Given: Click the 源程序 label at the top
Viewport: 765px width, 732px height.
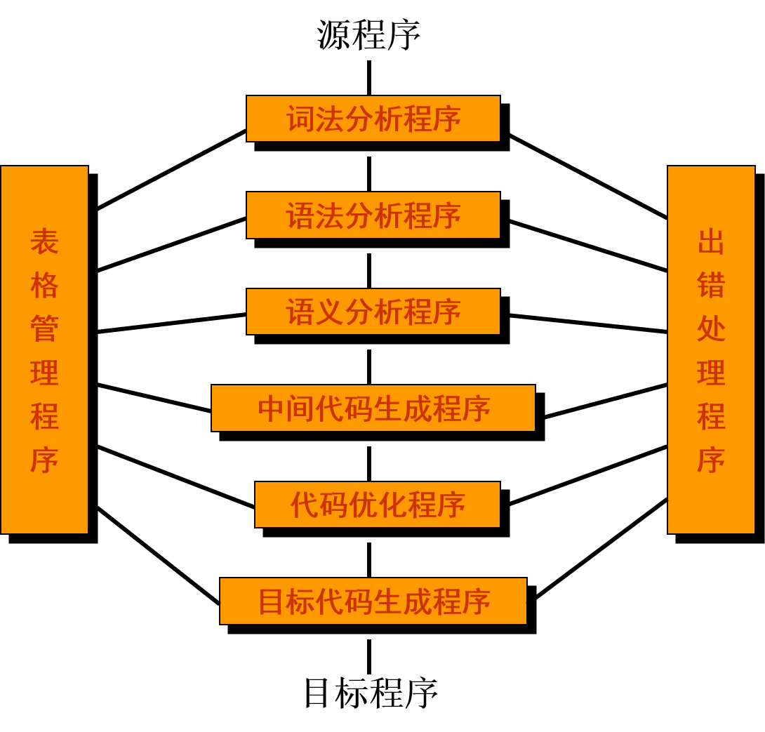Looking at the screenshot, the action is click(x=369, y=35).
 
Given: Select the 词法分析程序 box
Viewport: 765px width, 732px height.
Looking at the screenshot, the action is click(x=373, y=119).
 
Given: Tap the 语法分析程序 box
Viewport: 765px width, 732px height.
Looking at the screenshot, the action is click(x=373, y=215).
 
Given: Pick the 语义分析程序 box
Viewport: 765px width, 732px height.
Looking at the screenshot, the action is click(x=373, y=312).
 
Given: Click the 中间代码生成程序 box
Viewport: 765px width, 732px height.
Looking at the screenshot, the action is click(x=373, y=408).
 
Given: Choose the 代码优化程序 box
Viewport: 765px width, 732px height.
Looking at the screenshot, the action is click(x=378, y=505).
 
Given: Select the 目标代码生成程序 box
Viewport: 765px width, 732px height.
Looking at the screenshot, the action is click(x=373, y=601).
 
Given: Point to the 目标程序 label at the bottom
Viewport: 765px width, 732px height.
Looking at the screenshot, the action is click(x=371, y=693).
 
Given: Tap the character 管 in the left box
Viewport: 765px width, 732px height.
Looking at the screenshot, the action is click(x=44, y=328).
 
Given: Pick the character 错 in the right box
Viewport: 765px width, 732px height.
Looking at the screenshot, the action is click(x=711, y=285).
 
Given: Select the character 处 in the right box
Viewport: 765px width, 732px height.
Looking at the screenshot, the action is click(x=711, y=328).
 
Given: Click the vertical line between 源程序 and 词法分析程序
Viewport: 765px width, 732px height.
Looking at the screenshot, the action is click(x=369, y=78).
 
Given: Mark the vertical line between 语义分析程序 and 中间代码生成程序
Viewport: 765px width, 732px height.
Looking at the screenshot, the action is click(x=369, y=367).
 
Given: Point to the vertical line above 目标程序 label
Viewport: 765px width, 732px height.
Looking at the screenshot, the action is click(x=369, y=657).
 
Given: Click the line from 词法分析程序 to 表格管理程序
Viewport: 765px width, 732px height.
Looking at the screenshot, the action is click(x=172, y=170).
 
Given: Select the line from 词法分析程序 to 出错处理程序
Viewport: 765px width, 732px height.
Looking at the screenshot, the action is click(x=588, y=177).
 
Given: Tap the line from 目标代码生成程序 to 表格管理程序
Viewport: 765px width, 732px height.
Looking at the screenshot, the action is click(x=159, y=556).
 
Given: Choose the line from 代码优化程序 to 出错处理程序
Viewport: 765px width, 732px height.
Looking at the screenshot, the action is click(x=588, y=475).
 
